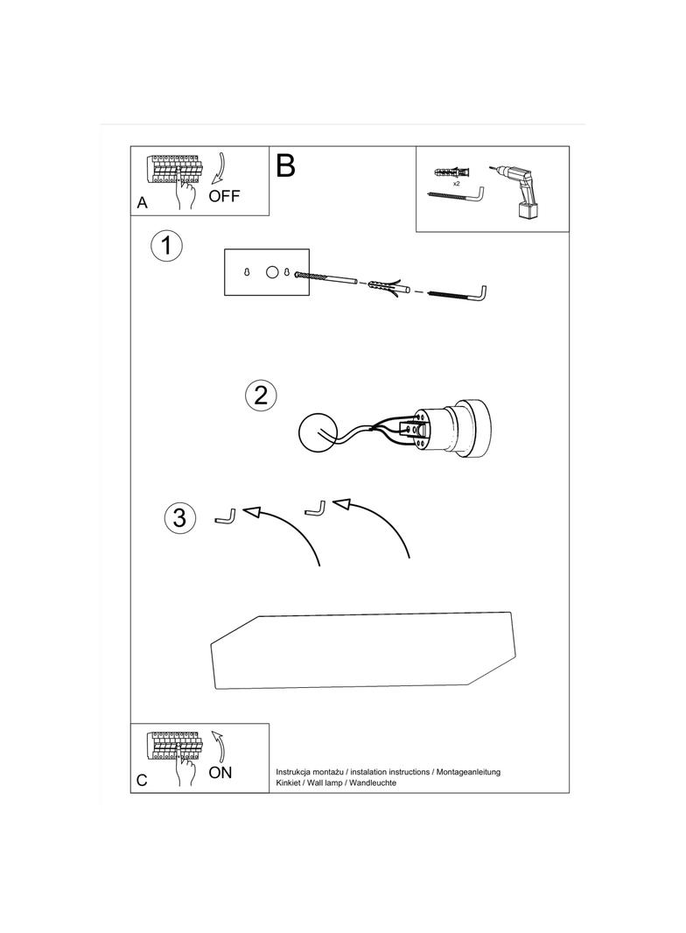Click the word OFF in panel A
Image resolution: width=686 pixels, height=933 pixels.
[x=224, y=196]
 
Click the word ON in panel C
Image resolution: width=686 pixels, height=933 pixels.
[x=220, y=772]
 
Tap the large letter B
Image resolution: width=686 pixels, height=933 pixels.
[x=285, y=165]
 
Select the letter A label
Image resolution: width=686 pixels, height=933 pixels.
[x=143, y=203]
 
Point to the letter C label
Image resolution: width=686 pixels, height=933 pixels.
[x=142, y=780]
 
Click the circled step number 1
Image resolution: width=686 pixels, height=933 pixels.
[x=166, y=246]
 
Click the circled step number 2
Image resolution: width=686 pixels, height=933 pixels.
[x=261, y=396]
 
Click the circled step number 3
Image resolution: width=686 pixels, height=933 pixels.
[x=179, y=517]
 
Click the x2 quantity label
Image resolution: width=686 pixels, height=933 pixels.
[x=457, y=184]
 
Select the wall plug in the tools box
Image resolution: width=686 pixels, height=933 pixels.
[x=452, y=172]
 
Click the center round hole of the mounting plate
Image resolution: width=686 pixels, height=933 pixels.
[x=271, y=272]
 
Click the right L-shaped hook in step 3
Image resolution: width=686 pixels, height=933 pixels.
[x=315, y=510]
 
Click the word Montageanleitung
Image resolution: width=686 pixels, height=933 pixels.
[x=468, y=772]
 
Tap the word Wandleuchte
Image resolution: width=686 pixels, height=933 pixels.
[x=373, y=783]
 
